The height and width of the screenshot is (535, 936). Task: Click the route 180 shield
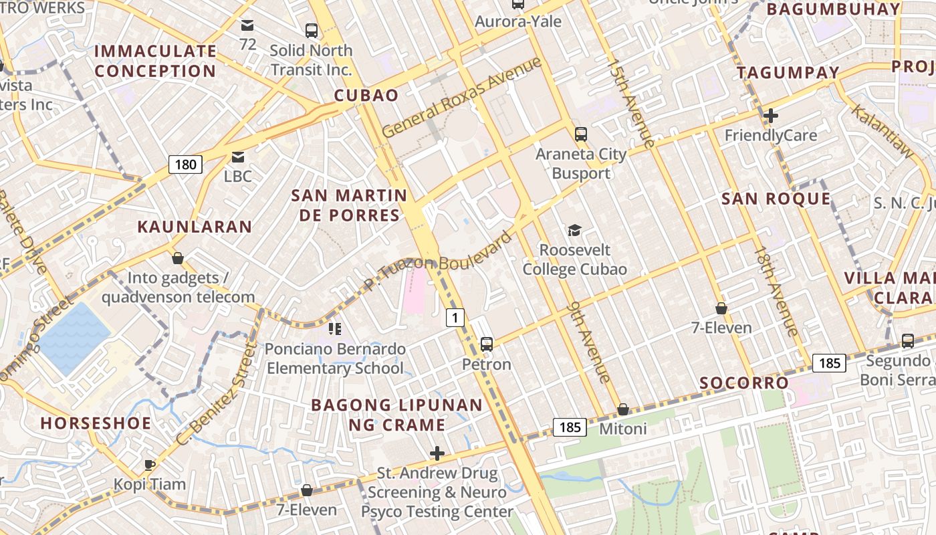185,165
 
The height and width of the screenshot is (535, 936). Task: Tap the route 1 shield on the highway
455,318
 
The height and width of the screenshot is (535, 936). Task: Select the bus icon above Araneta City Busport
580,134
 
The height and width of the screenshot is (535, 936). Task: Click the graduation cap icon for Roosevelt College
574,231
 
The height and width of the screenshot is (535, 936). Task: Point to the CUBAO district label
366,95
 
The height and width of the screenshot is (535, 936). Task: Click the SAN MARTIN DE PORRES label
349,205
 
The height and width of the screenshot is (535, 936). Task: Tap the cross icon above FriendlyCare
770,116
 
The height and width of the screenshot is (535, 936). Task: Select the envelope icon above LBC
237,157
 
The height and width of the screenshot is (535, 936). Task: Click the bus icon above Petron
487,344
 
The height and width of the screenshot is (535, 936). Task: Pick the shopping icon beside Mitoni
623,409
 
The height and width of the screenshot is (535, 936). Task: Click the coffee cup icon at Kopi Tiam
150,464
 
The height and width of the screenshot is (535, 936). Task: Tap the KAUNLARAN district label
195,227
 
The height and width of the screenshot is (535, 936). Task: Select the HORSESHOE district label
96,423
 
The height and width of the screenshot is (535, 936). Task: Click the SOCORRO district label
743,383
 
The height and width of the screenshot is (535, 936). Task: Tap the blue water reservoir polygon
74,338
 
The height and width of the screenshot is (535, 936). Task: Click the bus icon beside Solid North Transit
312,30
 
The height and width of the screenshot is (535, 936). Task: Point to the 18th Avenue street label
776,291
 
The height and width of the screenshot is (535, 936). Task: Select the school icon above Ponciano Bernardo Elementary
335,328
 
